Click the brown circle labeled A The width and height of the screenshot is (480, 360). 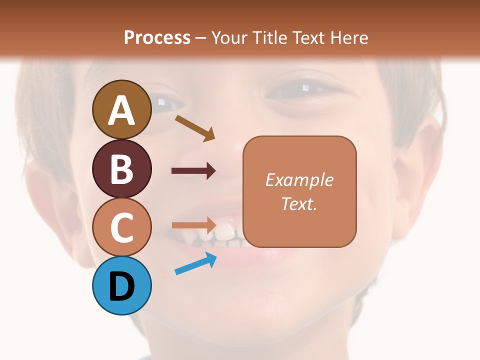121,109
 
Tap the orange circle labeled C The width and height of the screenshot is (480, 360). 121,227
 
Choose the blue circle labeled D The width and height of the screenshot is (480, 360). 121,285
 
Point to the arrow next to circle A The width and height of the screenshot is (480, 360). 194,127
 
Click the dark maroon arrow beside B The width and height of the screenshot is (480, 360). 193,171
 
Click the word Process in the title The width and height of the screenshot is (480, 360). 157,37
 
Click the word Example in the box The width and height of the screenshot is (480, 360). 299,180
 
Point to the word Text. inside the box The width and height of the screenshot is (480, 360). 299,203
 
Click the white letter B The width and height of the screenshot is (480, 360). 121,169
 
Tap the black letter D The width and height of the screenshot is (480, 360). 121,286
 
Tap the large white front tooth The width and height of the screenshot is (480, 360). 224,232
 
